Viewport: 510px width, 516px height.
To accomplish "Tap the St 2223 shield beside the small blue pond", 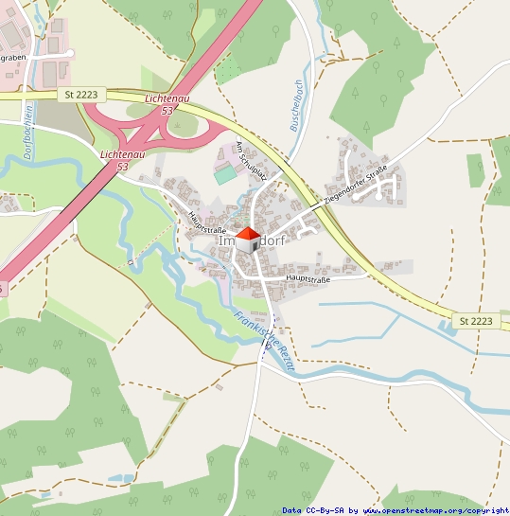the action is click(476, 321).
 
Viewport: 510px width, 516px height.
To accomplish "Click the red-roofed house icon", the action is click(248, 240).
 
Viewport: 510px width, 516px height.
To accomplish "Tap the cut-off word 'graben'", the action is click(12, 58).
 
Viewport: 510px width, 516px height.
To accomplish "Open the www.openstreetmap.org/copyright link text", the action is click(435, 510).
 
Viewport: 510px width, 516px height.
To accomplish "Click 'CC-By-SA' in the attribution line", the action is click(324, 510).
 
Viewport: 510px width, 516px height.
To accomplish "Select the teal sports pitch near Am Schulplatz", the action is click(225, 175).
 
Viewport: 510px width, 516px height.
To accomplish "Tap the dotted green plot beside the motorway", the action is click(228, 69).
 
